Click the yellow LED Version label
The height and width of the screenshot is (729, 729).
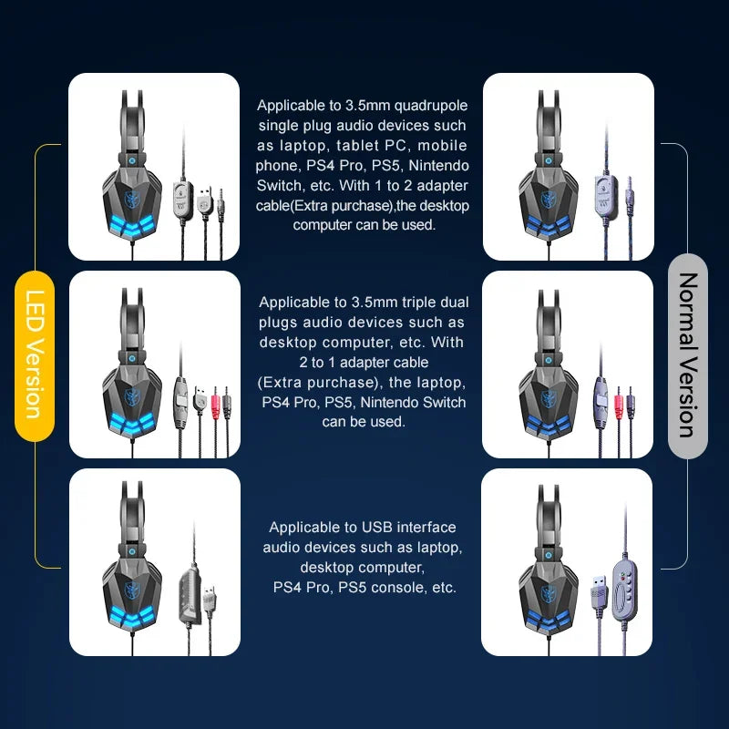[x=35, y=355]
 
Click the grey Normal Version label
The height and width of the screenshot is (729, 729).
[x=688, y=355]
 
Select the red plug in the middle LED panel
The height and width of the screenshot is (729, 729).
[x=215, y=401]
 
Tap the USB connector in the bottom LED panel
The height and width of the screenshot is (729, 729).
[x=210, y=600]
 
